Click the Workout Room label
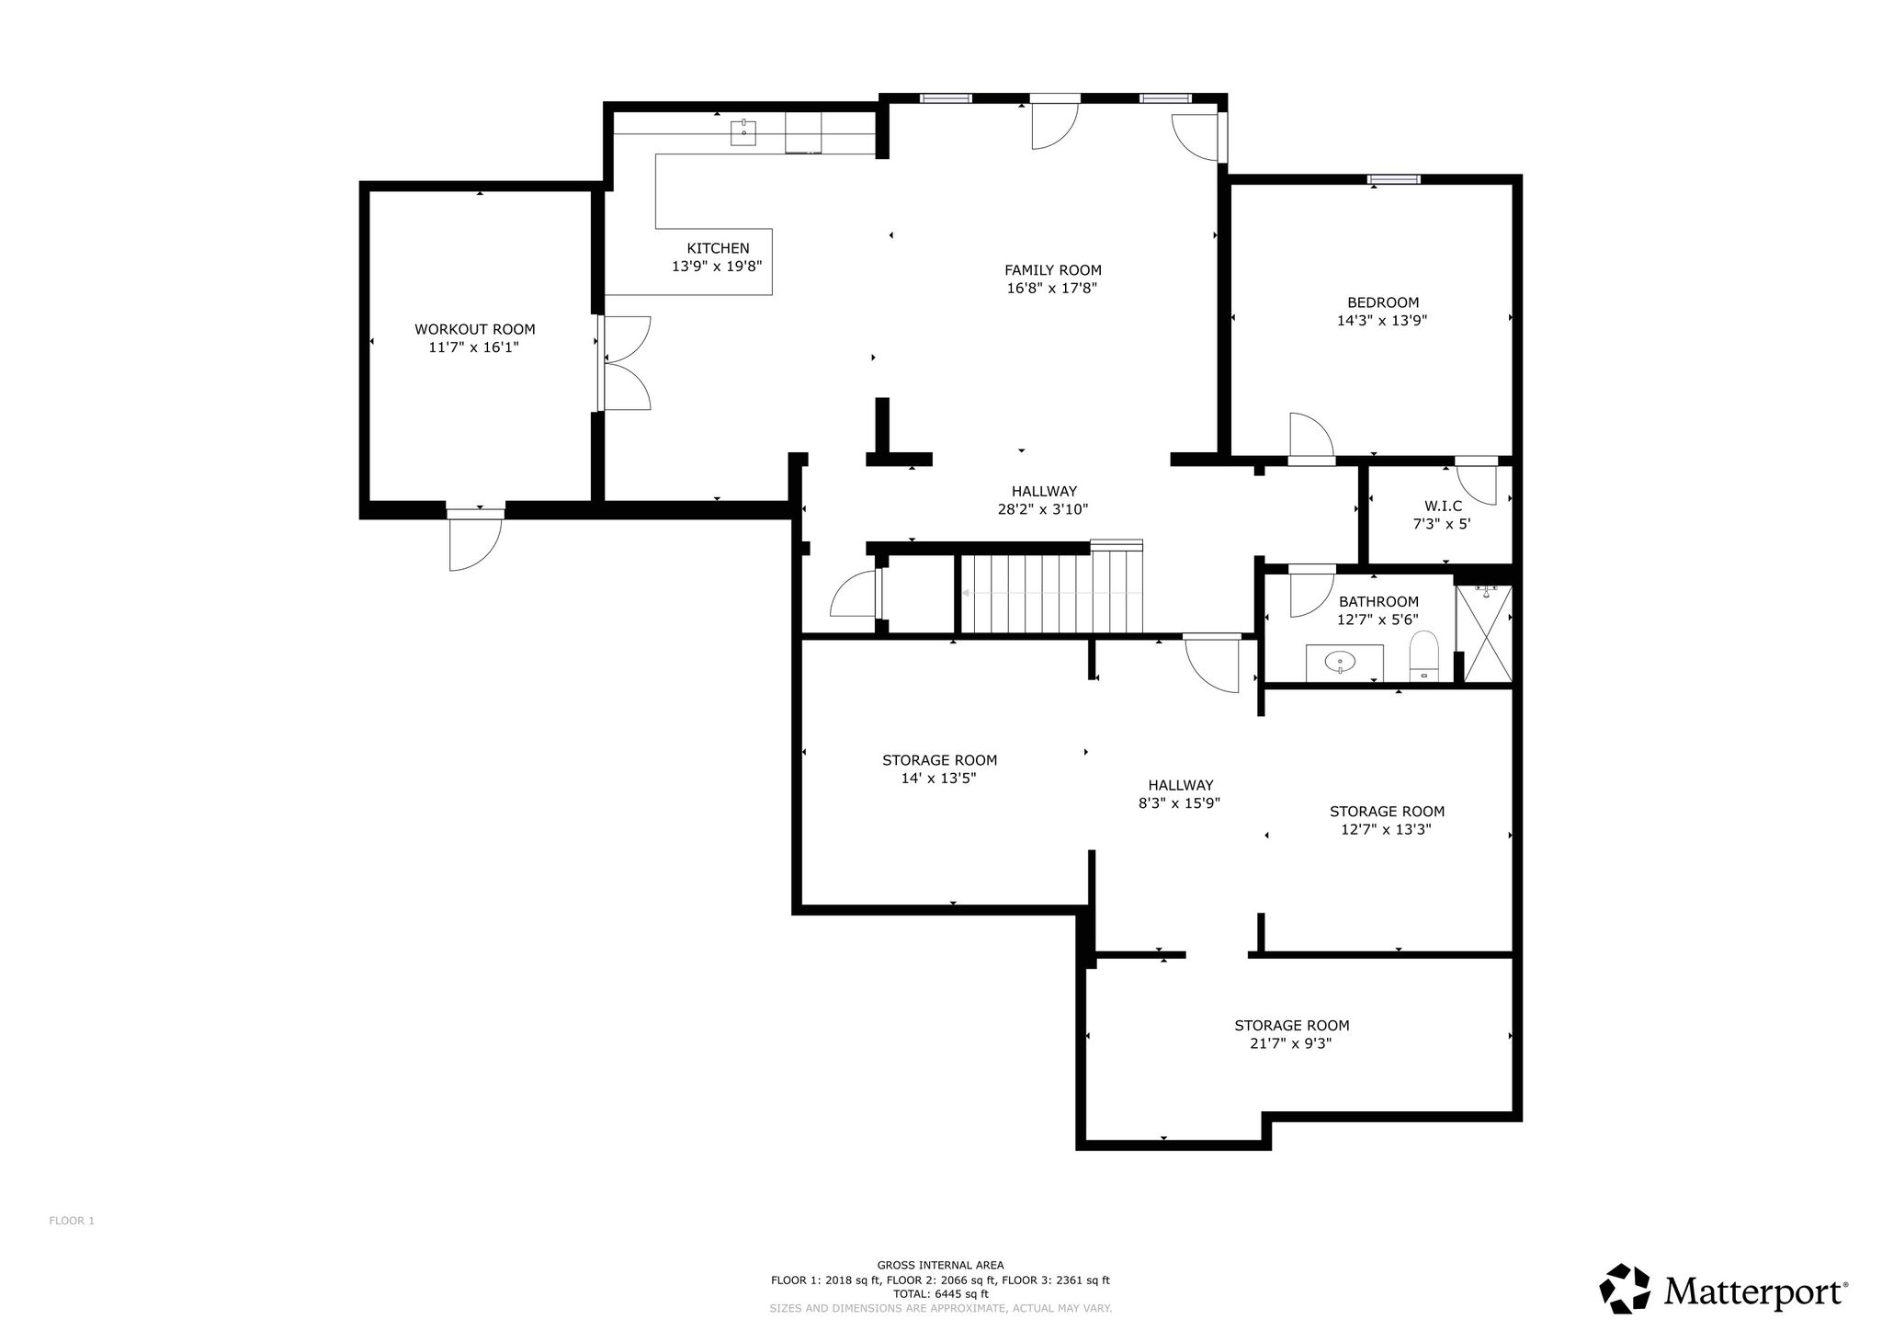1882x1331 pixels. click(x=474, y=329)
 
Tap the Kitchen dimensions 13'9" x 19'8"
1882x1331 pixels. click(x=717, y=267)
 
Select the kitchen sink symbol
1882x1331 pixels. click(x=743, y=132)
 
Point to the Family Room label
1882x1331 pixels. click(x=1052, y=270)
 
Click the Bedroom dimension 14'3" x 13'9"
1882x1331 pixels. click(x=1382, y=321)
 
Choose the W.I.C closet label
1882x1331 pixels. click(x=1443, y=506)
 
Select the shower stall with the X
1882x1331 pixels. click(x=1484, y=633)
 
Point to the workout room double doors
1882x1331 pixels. click(x=624, y=363)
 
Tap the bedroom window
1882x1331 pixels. click(x=1394, y=179)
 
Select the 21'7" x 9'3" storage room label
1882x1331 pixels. click(x=1291, y=1034)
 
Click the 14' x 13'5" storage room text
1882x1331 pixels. click(x=939, y=769)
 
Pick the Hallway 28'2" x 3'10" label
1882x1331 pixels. click(x=1043, y=500)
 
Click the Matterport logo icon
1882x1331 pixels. click(x=1627, y=1289)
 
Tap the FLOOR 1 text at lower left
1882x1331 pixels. click(x=72, y=1221)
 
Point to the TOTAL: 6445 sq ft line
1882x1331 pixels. click(x=940, y=1294)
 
